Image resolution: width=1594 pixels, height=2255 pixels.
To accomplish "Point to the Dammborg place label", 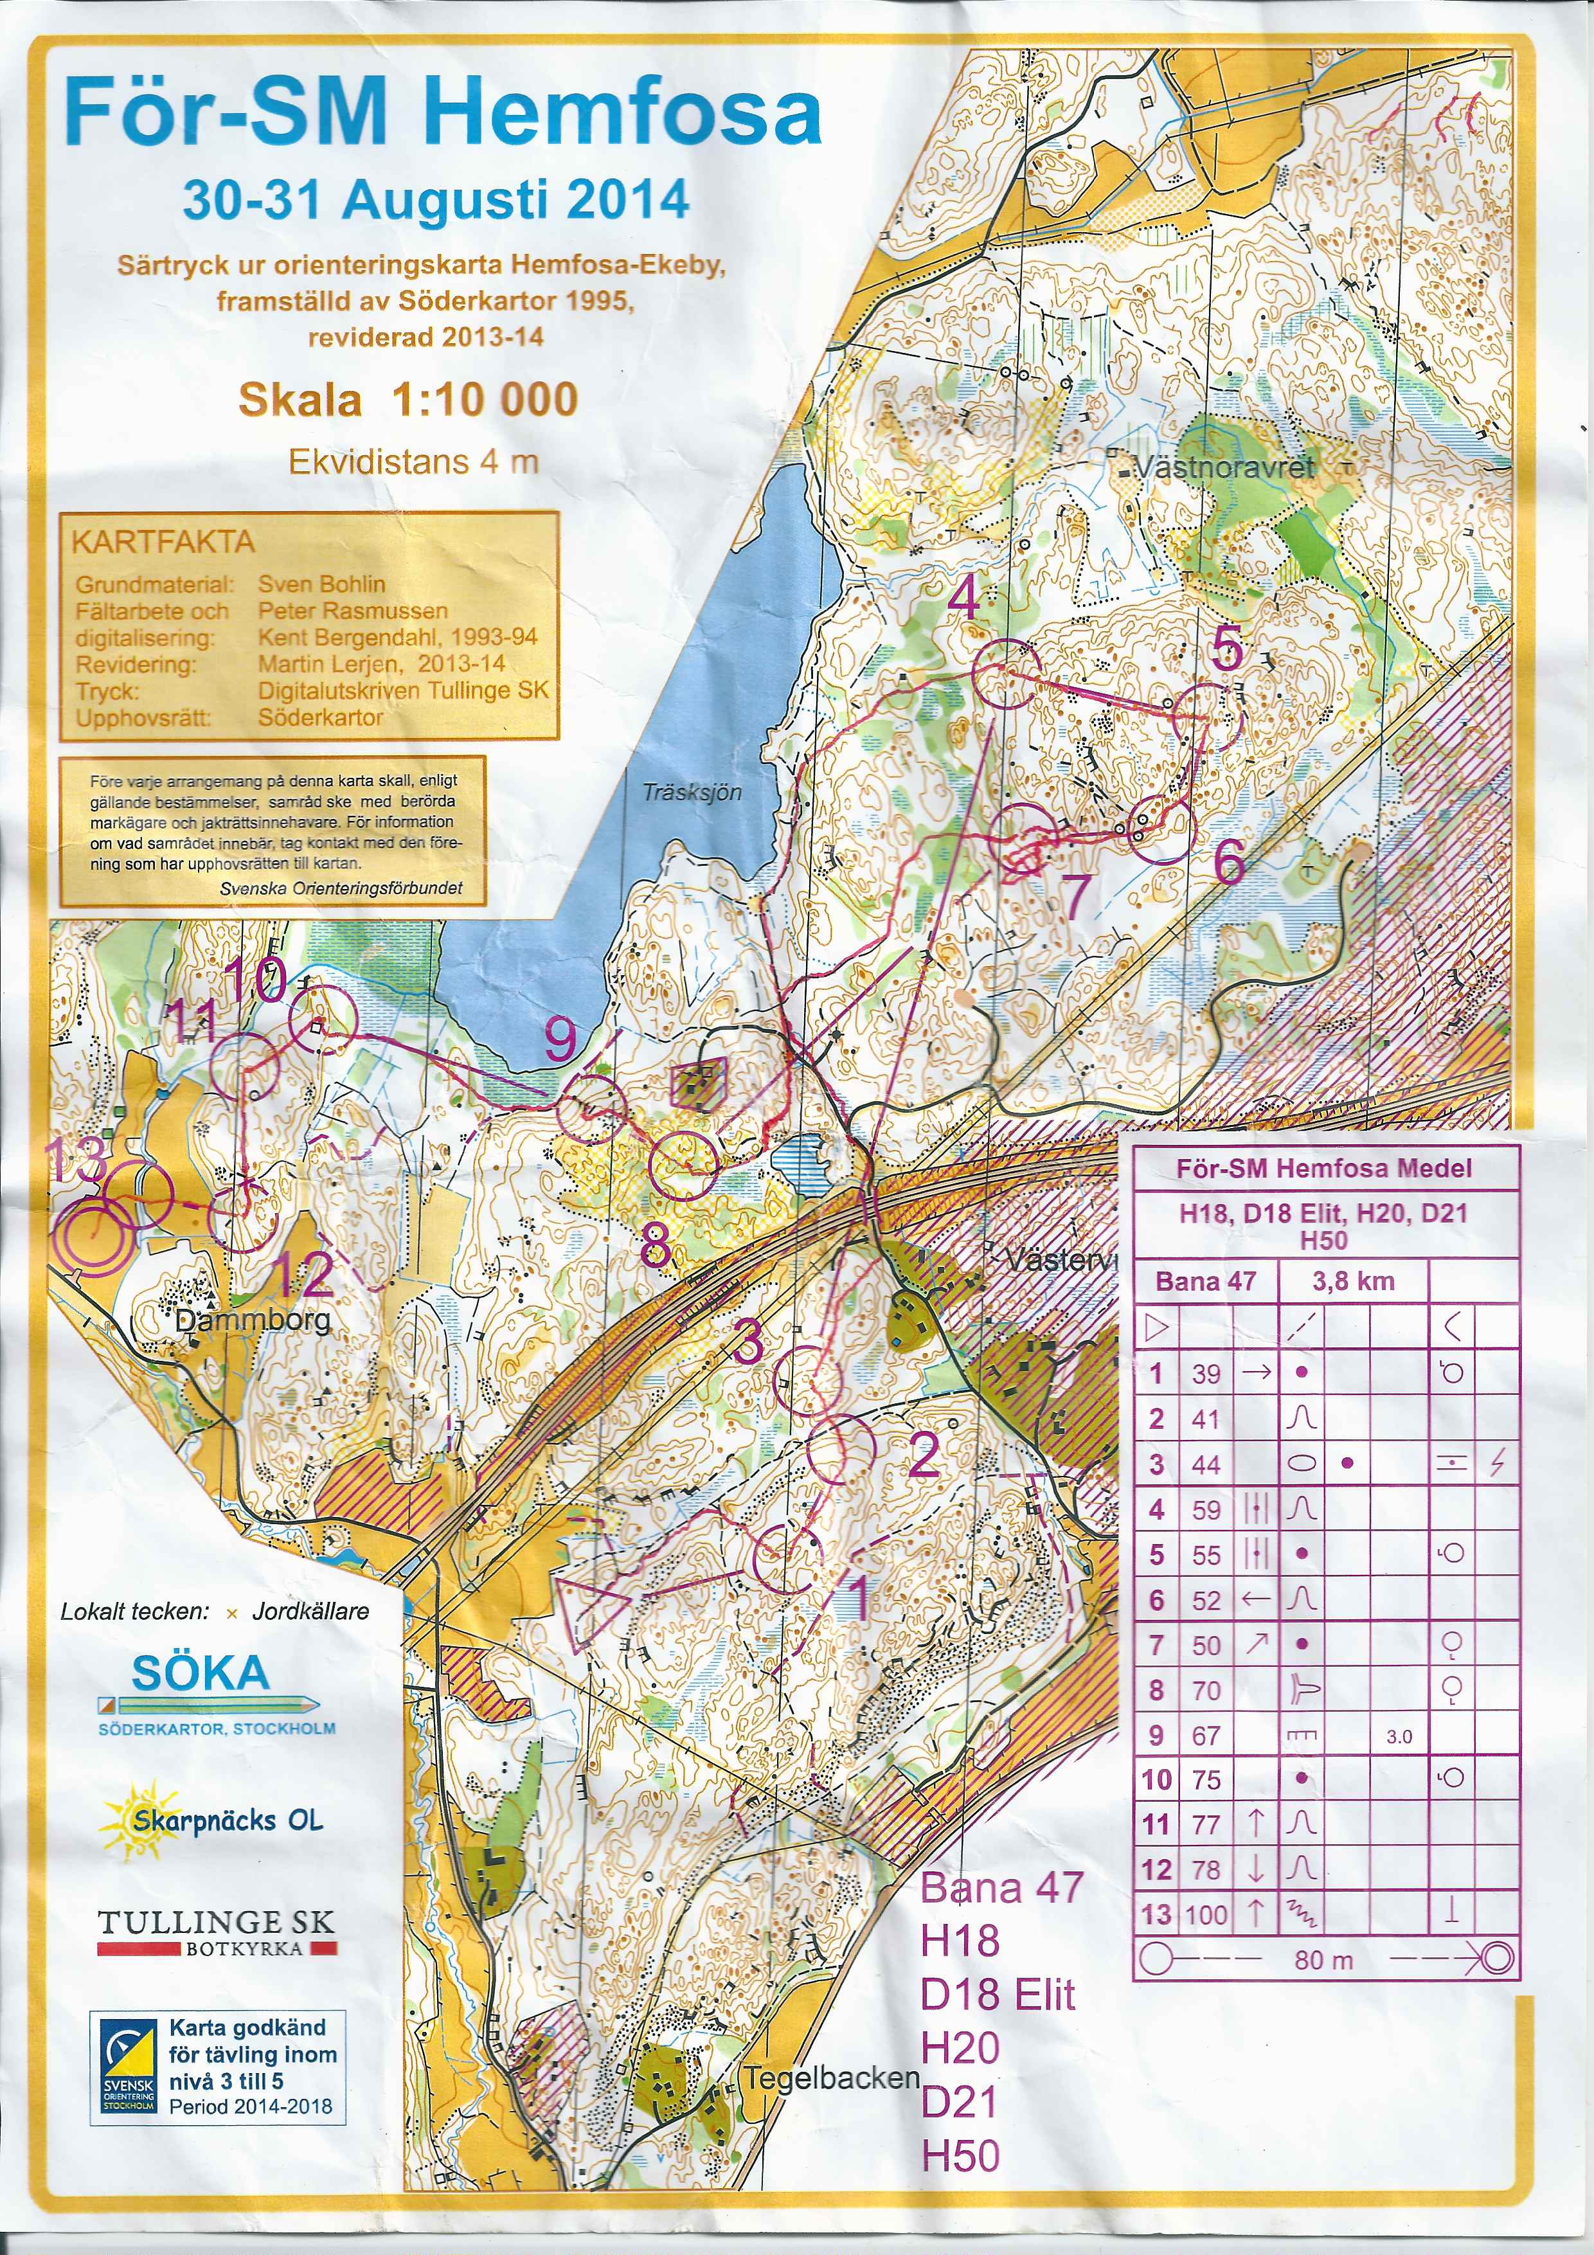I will pyautogui.click(x=253, y=1321).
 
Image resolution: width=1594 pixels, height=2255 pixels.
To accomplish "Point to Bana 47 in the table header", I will pyautogui.click(x=1205, y=1280).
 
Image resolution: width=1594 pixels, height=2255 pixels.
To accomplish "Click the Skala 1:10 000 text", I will pyautogui.click(x=407, y=400).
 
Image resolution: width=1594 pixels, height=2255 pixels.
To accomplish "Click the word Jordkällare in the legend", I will pyautogui.click(x=310, y=1612).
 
